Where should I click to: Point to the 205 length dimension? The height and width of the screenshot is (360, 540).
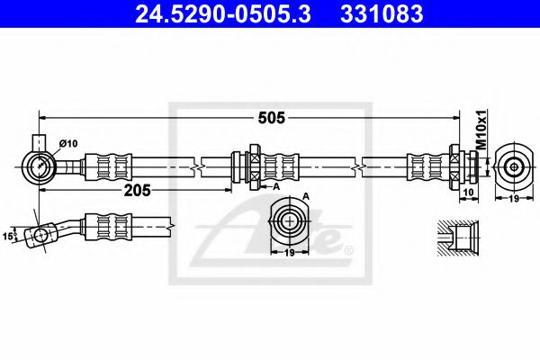point(137,189)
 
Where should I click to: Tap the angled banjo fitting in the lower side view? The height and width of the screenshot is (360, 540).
point(41,234)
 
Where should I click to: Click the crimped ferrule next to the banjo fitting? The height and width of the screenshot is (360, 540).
point(108,166)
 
